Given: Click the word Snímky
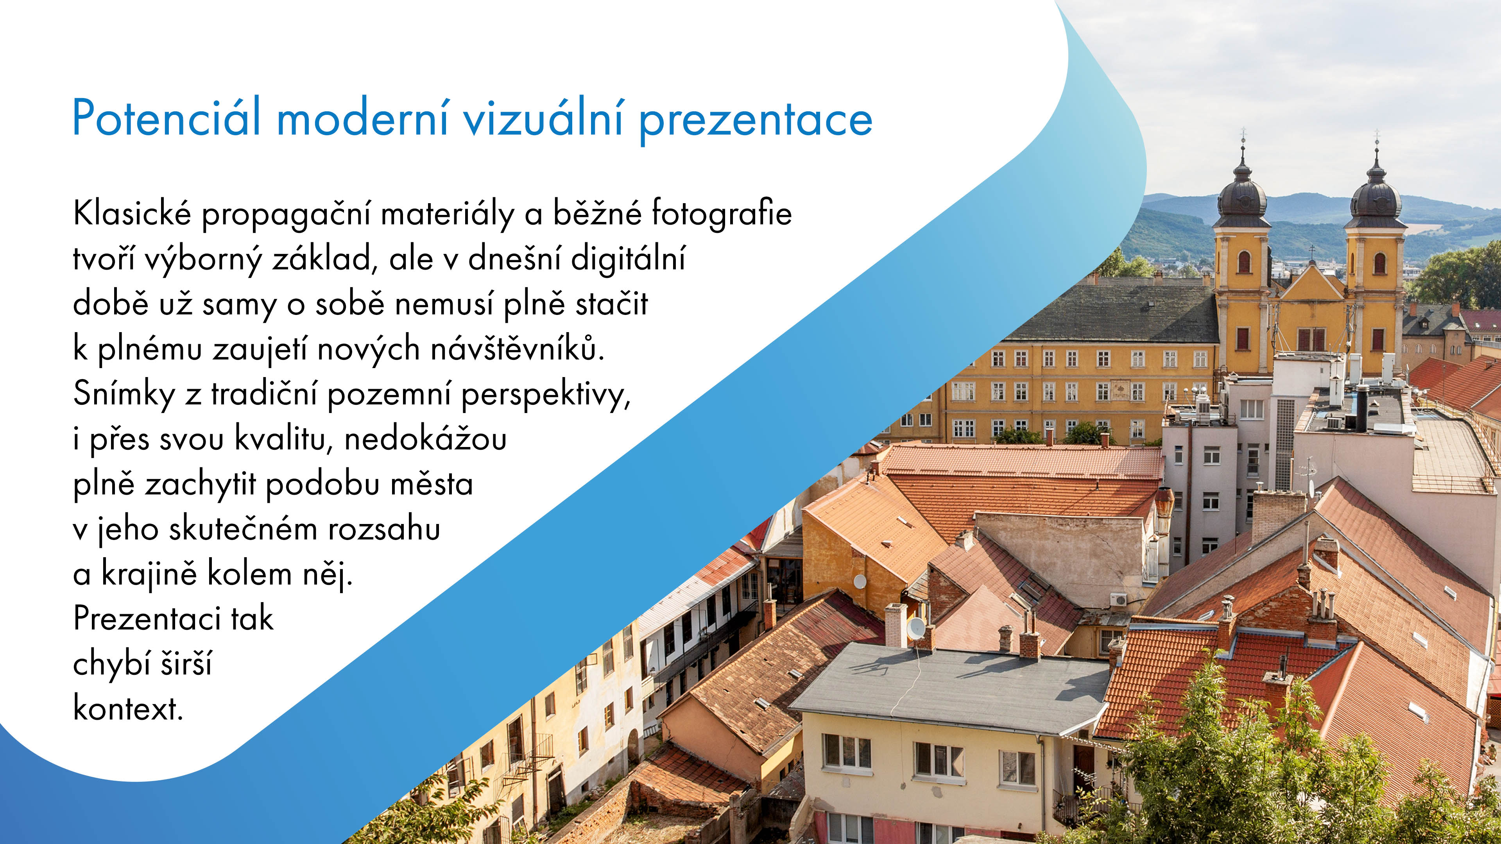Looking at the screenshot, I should click(x=124, y=394).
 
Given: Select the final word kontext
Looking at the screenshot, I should click(x=128, y=709).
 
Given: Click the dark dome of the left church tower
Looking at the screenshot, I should click(x=1242, y=196).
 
